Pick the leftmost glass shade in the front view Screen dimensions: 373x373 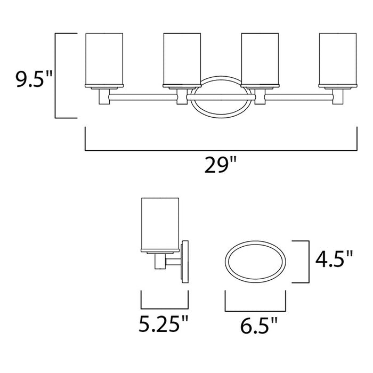104,59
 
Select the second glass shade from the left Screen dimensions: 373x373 182,59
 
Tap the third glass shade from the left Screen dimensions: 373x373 261,59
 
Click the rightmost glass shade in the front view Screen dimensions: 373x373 338,59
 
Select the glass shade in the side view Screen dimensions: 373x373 160,224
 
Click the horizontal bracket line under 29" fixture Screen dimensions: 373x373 221,150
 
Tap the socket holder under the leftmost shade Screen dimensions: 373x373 104,97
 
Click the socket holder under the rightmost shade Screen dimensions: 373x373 338,97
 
